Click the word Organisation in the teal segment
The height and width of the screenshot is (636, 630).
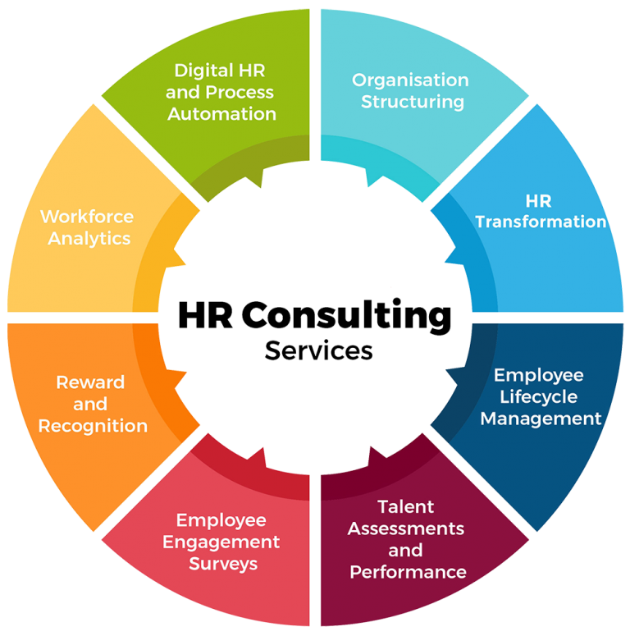click(x=410, y=80)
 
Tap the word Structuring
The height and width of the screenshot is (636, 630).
click(x=413, y=102)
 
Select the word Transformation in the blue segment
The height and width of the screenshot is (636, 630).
click(x=541, y=222)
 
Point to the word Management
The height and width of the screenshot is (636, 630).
click(x=541, y=418)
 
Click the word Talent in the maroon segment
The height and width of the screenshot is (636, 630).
click(x=405, y=506)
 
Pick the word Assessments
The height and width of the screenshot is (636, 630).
click(x=405, y=528)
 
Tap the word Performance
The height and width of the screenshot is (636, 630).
click(x=408, y=571)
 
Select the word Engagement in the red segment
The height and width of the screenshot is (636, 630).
click(x=221, y=542)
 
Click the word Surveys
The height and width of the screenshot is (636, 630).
click(x=223, y=564)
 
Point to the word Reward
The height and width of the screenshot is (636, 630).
click(x=90, y=382)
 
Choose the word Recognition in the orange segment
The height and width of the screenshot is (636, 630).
click(x=93, y=426)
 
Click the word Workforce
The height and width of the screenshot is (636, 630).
click(x=87, y=217)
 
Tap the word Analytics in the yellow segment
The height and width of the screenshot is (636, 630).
click(x=89, y=239)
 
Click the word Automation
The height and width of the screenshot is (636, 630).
click(x=221, y=114)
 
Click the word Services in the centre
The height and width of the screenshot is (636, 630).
click(x=318, y=350)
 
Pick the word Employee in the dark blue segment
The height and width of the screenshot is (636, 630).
click(x=538, y=375)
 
